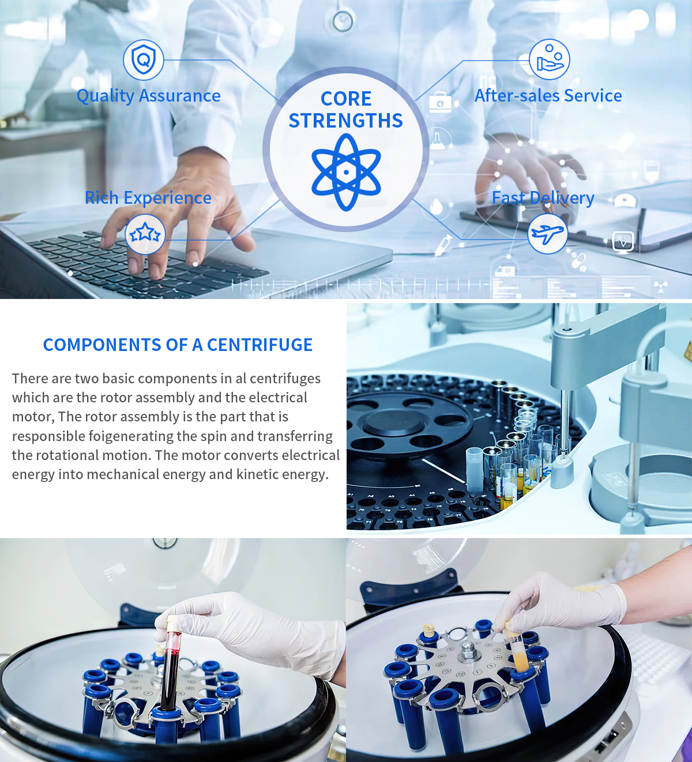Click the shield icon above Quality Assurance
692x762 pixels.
[x=144, y=59]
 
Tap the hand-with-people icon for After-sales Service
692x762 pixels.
[x=549, y=59]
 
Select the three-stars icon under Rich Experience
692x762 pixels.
[x=145, y=234]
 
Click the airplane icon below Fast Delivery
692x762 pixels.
[x=547, y=233]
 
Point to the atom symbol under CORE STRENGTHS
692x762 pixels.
[x=346, y=172]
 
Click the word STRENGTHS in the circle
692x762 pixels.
[x=346, y=121]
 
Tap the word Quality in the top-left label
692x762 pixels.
[x=106, y=96]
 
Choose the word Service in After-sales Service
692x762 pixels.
[x=593, y=96]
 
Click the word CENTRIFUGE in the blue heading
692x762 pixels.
[x=259, y=345]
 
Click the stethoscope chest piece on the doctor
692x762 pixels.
[x=343, y=21]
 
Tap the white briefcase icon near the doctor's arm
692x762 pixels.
[x=440, y=103]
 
